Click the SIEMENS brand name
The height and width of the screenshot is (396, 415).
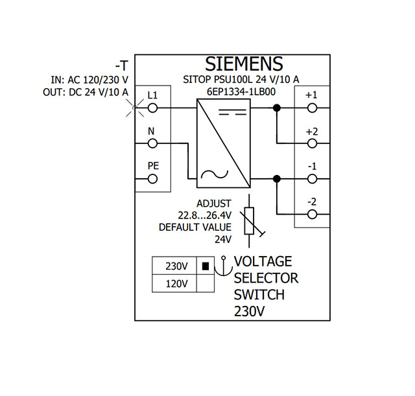(244, 64)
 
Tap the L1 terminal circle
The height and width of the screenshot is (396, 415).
(152, 108)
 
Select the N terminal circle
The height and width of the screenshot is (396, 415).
(152, 144)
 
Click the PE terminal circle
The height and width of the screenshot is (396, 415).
(152, 179)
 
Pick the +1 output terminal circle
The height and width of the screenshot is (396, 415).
(312, 108)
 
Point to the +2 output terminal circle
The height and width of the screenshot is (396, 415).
(312, 144)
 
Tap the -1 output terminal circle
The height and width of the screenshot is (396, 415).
(312, 179)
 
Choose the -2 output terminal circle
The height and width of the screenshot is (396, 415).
(312, 215)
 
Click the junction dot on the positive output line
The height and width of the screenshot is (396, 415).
(277, 108)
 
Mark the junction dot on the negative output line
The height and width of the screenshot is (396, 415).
(277, 179)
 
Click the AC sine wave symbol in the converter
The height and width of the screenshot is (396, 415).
(215, 174)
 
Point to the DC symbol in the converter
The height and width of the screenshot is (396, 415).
(233, 112)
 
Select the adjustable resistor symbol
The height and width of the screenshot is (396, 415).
(251, 221)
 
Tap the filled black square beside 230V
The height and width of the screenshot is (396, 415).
(206, 266)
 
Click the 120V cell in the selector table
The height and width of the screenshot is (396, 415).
(177, 284)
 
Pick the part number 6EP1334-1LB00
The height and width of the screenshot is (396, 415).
(241, 92)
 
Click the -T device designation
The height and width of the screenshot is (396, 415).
(122, 65)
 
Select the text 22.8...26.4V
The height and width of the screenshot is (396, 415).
(205, 216)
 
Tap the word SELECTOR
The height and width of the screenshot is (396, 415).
(266, 278)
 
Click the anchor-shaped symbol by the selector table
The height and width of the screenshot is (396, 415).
(223, 266)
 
